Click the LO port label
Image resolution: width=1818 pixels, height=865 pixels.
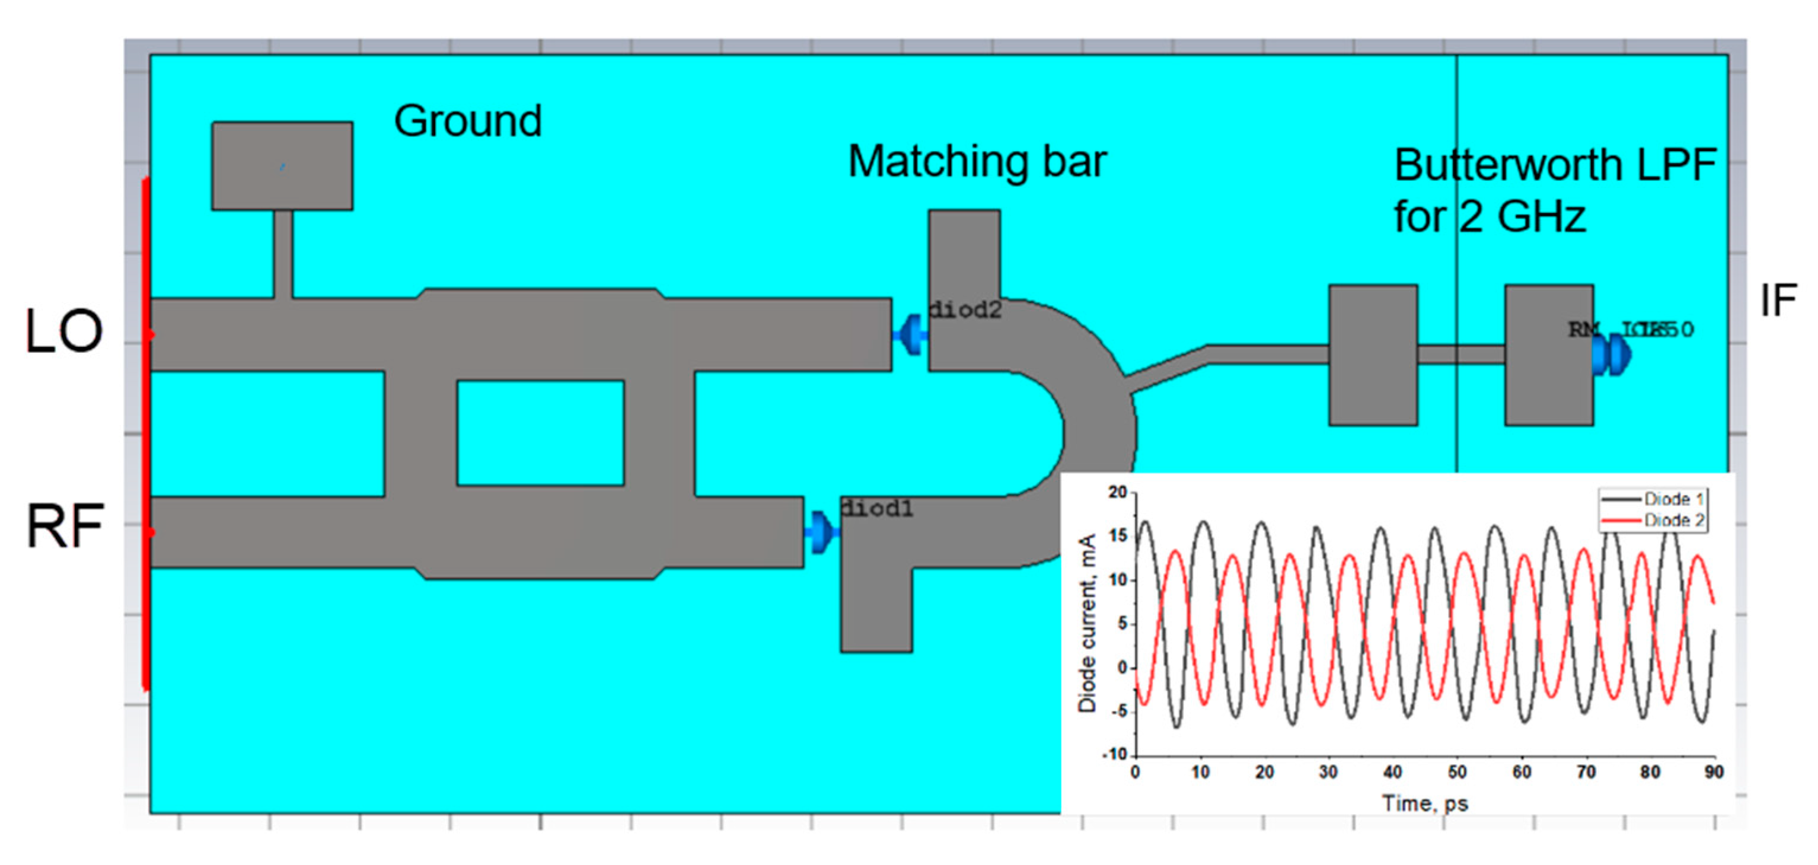pos(64,331)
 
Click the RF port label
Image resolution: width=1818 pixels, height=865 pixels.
pos(65,526)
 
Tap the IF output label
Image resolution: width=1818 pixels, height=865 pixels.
pos(1778,301)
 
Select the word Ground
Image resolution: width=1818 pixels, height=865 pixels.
pos(468,122)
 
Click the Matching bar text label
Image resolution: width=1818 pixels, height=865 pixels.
pos(977,162)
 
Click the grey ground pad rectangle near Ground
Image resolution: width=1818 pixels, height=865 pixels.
pos(282,166)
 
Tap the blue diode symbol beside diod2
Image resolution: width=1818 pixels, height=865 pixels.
pos(911,334)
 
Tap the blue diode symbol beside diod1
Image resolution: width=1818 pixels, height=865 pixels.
pos(821,532)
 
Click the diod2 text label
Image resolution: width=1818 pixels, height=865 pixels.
pos(965,311)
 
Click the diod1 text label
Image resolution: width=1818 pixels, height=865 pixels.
pos(876,508)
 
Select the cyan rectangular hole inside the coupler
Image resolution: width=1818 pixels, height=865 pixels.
pos(541,433)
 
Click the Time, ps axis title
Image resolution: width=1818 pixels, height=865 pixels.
pos(1425,803)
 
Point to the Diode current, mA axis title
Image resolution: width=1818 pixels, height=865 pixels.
pos(1087,623)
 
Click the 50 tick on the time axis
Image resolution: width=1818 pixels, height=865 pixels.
pos(1457,773)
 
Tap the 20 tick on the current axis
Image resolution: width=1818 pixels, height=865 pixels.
pos(1118,493)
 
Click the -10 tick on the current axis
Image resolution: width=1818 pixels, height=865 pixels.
pos(1115,755)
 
